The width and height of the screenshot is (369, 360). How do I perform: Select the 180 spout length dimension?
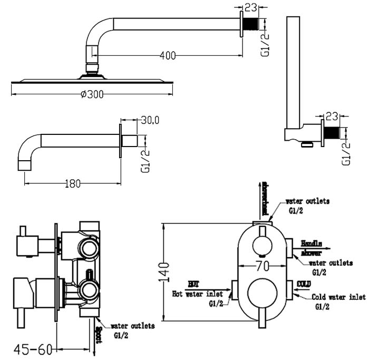coord(73,183)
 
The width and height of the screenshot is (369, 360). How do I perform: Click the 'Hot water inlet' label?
coord(197,294)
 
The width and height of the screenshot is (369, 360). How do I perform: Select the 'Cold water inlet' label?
coord(338,297)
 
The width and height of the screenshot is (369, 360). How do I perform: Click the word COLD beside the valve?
coord(304,285)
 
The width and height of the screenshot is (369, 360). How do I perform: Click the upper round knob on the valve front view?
coord(261,245)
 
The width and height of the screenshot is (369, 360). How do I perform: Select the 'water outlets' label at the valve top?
coord(307,201)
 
